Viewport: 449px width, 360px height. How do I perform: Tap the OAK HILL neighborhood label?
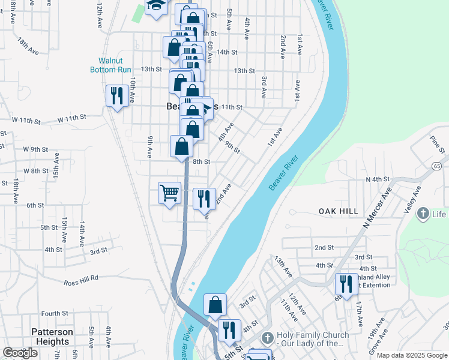(x=339, y=211)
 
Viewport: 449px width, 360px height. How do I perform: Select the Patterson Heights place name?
(x=52, y=336)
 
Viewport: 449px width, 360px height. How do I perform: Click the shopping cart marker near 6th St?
(x=170, y=193)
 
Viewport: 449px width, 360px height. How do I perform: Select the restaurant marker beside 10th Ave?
(x=115, y=95)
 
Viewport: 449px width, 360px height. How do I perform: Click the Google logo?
(x=20, y=353)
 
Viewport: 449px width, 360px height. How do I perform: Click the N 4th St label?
(x=378, y=179)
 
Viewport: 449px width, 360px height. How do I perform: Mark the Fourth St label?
(x=55, y=313)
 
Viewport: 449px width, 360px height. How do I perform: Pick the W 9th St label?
(x=35, y=149)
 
